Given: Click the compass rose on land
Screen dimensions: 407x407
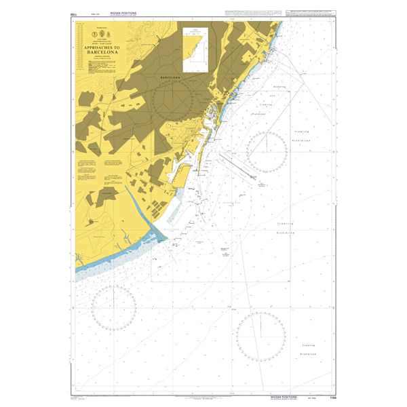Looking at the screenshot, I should (174, 102).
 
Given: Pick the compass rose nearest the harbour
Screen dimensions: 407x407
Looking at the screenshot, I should (266, 153).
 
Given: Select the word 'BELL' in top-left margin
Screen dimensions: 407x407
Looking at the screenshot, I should (73, 14).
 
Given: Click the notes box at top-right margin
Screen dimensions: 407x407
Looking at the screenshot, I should (310, 15).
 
